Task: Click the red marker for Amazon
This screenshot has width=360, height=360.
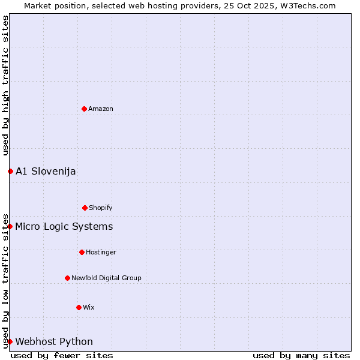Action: coord(84,109)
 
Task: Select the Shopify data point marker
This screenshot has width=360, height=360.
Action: coord(85,208)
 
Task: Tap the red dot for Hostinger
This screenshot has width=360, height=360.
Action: coord(82,252)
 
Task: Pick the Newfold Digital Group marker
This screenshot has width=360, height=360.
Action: coord(67,278)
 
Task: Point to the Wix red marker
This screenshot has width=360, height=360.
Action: coord(79,307)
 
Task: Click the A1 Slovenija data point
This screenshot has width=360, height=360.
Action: coord(10,171)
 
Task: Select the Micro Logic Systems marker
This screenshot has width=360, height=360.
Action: coord(10,226)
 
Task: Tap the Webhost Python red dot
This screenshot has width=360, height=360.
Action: coord(10,341)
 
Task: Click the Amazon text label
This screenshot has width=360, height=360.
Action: coord(101,109)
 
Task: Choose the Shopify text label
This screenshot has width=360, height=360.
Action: coord(101,208)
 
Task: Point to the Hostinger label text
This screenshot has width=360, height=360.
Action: coord(101,252)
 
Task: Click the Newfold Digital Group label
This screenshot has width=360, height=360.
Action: coord(106,278)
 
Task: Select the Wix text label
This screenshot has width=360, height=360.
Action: coord(89,307)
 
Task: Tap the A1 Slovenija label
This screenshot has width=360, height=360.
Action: coord(46,171)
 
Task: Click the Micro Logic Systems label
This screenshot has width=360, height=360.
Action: coord(64,226)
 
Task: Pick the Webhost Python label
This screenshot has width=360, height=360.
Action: coord(54,341)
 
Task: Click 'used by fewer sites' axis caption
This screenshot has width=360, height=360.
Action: coord(62,355)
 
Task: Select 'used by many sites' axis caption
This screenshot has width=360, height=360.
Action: coord(301,355)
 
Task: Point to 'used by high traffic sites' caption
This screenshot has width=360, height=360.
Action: coord(5,85)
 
